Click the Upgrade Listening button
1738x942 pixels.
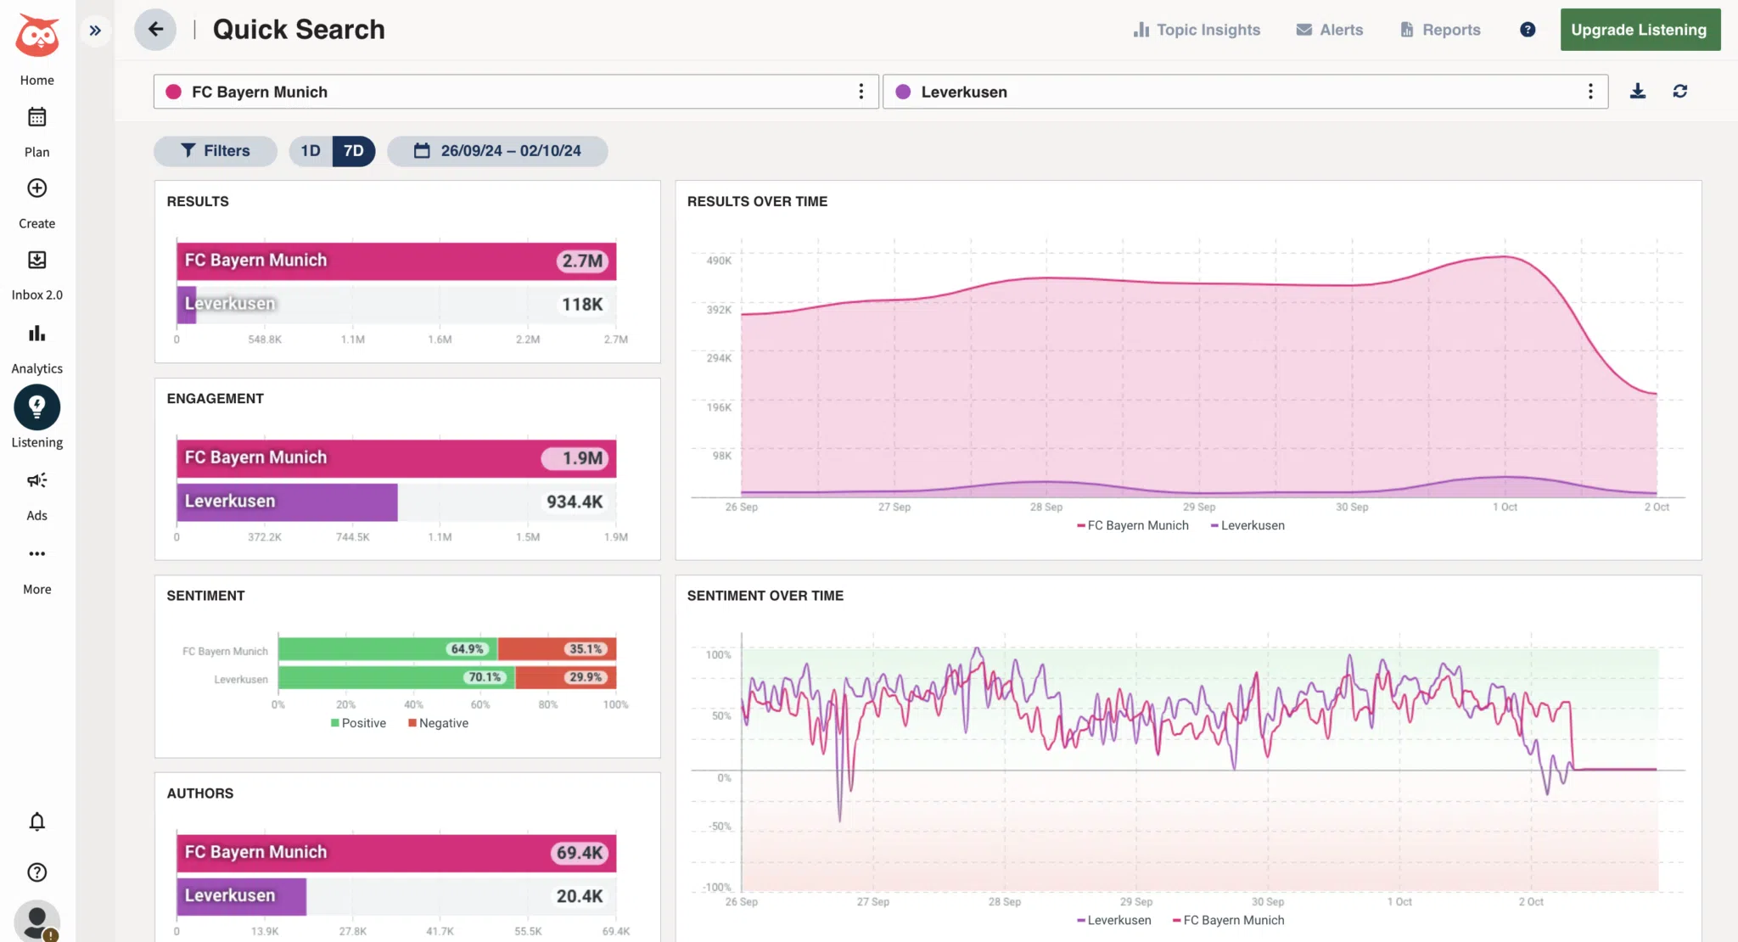(1639, 30)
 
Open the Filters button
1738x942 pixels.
(216, 151)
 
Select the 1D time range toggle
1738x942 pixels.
(311, 151)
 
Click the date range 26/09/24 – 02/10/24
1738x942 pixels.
(497, 151)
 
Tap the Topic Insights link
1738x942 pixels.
(1197, 30)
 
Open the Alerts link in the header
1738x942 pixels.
(1330, 30)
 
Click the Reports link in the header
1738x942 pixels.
(1440, 30)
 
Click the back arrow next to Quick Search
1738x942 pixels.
(155, 30)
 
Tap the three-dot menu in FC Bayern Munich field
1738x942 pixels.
(861, 92)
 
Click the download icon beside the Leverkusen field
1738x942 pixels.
(1638, 92)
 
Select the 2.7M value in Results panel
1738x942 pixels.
(582, 261)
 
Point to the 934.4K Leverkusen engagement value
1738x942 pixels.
(575, 502)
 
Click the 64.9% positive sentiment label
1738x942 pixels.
(467, 649)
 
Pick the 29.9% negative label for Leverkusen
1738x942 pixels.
(586, 677)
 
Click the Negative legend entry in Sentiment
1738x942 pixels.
(439, 723)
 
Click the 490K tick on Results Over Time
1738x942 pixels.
(719, 261)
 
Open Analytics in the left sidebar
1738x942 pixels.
(36, 347)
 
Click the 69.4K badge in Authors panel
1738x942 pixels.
(580, 853)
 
